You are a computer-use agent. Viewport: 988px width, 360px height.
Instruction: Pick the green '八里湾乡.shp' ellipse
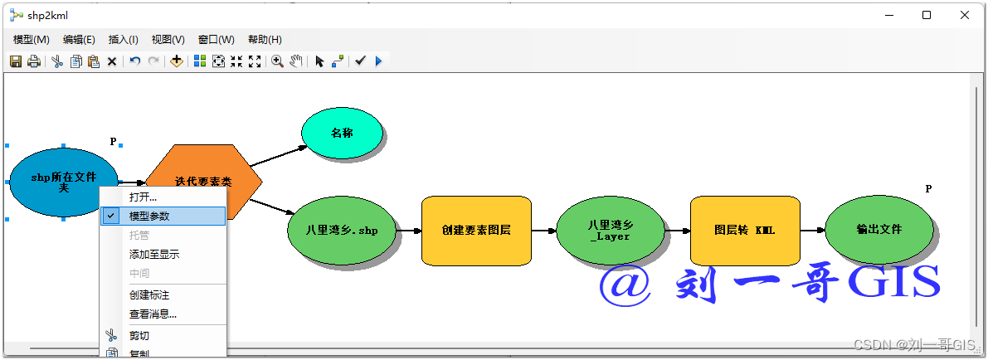[x=342, y=230]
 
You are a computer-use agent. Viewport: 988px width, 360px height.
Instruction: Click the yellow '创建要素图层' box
[x=476, y=230]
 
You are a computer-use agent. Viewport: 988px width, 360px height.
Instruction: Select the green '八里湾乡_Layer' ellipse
[x=610, y=230]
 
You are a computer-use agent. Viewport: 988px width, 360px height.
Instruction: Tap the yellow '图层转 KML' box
[x=744, y=230]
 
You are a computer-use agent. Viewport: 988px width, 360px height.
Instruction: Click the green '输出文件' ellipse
[x=879, y=230]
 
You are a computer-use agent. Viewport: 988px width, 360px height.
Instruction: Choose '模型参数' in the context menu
[x=149, y=216]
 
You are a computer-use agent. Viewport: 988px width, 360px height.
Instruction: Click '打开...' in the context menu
[x=143, y=197]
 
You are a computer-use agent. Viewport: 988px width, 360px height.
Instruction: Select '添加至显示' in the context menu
[x=154, y=254]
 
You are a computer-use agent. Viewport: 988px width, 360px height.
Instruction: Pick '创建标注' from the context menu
[x=149, y=294]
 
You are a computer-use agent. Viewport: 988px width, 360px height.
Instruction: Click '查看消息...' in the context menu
[x=153, y=314]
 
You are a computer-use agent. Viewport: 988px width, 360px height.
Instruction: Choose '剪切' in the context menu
[x=139, y=335]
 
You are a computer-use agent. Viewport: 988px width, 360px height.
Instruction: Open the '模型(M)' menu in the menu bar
[x=32, y=40]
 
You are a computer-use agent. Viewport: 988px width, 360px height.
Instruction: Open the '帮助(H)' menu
[x=265, y=40]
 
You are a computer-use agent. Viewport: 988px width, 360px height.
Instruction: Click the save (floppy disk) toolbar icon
[x=16, y=61]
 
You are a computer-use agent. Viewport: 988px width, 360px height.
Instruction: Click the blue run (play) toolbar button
[x=378, y=61]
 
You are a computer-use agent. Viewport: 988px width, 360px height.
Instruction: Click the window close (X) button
[x=965, y=15]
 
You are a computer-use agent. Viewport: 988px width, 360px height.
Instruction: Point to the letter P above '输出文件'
[x=928, y=189]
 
